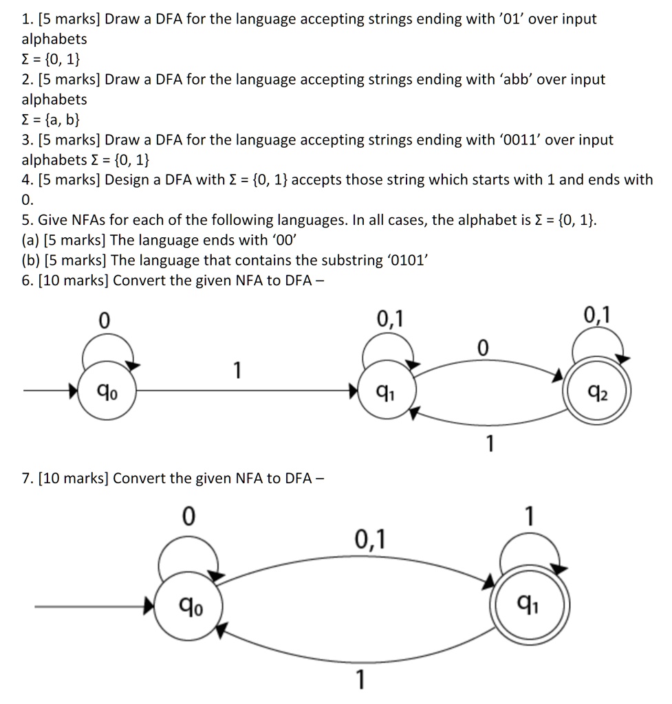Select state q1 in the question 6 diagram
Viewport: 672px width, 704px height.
(x=387, y=394)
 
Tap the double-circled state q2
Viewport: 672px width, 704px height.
(x=596, y=394)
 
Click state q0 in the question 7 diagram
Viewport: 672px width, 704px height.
(x=187, y=606)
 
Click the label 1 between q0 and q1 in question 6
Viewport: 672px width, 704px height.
(x=237, y=371)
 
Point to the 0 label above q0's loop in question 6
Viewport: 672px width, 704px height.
(x=104, y=320)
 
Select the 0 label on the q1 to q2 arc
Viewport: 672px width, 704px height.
(x=482, y=349)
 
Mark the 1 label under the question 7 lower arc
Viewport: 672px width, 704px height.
(x=358, y=680)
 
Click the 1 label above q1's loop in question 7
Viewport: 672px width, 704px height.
(x=528, y=515)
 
